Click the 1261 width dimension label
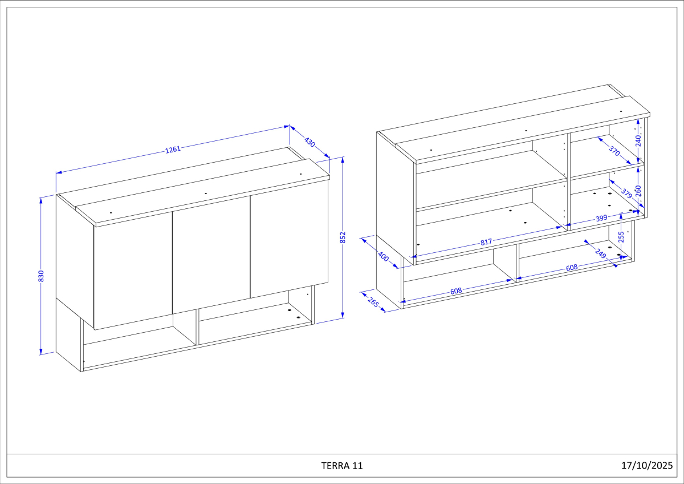(x=173, y=149)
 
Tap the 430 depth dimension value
(x=310, y=142)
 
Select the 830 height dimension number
(x=41, y=276)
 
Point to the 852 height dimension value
(x=343, y=237)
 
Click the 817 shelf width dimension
(x=486, y=242)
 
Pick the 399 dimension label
(x=601, y=218)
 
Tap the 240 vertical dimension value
(x=638, y=140)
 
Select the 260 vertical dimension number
(x=638, y=191)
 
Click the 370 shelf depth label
(x=614, y=151)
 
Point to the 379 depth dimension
(x=626, y=193)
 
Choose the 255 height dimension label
(x=621, y=237)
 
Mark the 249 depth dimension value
(x=601, y=253)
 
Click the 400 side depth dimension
(x=384, y=256)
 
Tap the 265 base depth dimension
(x=373, y=302)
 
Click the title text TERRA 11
(x=342, y=466)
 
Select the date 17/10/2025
(x=647, y=465)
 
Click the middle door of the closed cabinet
(x=211, y=255)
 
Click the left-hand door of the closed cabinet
(x=133, y=271)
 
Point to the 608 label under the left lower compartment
(x=456, y=291)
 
